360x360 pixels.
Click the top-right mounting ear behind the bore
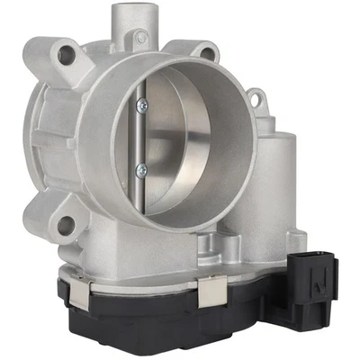pyautogui.click(x=206, y=52)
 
